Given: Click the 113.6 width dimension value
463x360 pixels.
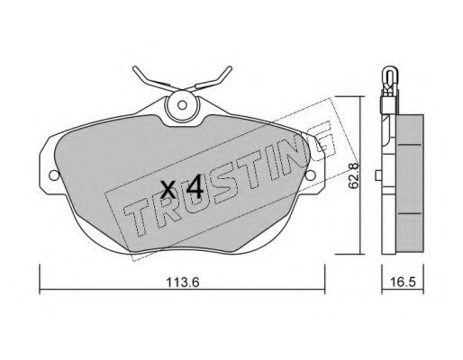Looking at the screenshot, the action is [x=183, y=283].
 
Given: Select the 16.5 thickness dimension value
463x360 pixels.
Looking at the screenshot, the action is [x=403, y=283].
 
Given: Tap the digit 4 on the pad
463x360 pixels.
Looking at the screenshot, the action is [x=195, y=187].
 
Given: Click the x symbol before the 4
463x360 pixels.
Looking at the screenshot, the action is [x=168, y=190].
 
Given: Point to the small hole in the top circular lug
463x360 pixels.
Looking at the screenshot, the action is [x=182, y=105].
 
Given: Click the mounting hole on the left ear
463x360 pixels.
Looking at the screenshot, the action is [x=54, y=175].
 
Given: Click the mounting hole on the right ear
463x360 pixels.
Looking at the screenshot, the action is [x=311, y=175].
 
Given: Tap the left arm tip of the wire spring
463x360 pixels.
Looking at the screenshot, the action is [x=134, y=67].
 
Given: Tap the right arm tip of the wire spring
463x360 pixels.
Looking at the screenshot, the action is [x=230, y=67].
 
